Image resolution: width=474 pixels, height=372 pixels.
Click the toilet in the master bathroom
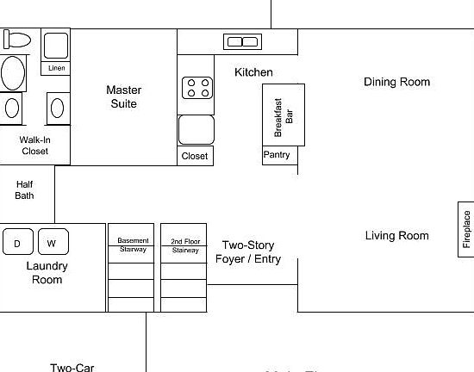pyautogui.click(x=17, y=39)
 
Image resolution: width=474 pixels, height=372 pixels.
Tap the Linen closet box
pyautogui.click(x=56, y=68)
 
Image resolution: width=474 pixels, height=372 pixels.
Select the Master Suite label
pyautogui.click(x=123, y=96)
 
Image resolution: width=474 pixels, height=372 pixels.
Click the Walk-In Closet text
pyautogui.click(x=34, y=145)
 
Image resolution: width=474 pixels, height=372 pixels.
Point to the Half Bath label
pyautogui.click(x=24, y=189)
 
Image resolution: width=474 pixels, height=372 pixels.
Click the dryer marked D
pyautogui.click(x=17, y=244)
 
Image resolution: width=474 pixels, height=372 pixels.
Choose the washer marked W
pyautogui.click(x=52, y=244)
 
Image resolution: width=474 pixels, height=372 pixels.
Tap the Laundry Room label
pyautogui.click(x=47, y=273)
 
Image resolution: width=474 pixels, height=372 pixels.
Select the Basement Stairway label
pyautogui.click(x=133, y=245)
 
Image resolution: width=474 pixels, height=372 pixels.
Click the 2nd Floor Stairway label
pyautogui.click(x=185, y=245)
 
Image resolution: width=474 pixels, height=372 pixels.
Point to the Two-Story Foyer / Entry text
pyautogui.click(x=248, y=251)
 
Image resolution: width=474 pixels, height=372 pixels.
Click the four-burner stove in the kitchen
pyautogui.click(x=196, y=88)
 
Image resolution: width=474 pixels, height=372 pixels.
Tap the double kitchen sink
pyautogui.click(x=241, y=41)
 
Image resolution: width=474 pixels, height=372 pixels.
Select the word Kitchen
pyautogui.click(x=253, y=72)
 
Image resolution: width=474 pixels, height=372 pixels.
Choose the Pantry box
pyautogui.click(x=278, y=155)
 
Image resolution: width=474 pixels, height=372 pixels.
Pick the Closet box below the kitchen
pyautogui.click(x=195, y=156)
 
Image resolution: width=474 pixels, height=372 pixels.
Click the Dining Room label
pyautogui.click(x=396, y=82)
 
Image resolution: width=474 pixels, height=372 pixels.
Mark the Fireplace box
pyautogui.click(x=466, y=228)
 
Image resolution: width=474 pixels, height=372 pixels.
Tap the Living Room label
pyautogui.click(x=396, y=235)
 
